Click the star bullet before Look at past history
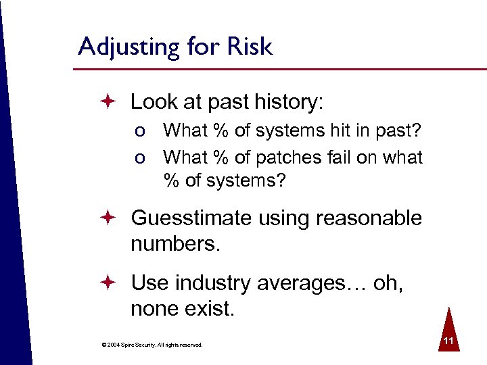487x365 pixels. click(111, 103)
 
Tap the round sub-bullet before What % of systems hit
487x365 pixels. click(139, 131)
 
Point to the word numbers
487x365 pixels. click(175, 243)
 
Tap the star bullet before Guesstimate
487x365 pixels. click(111, 218)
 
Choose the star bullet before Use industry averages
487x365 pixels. click(111, 283)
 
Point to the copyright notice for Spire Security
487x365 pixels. click(152, 345)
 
